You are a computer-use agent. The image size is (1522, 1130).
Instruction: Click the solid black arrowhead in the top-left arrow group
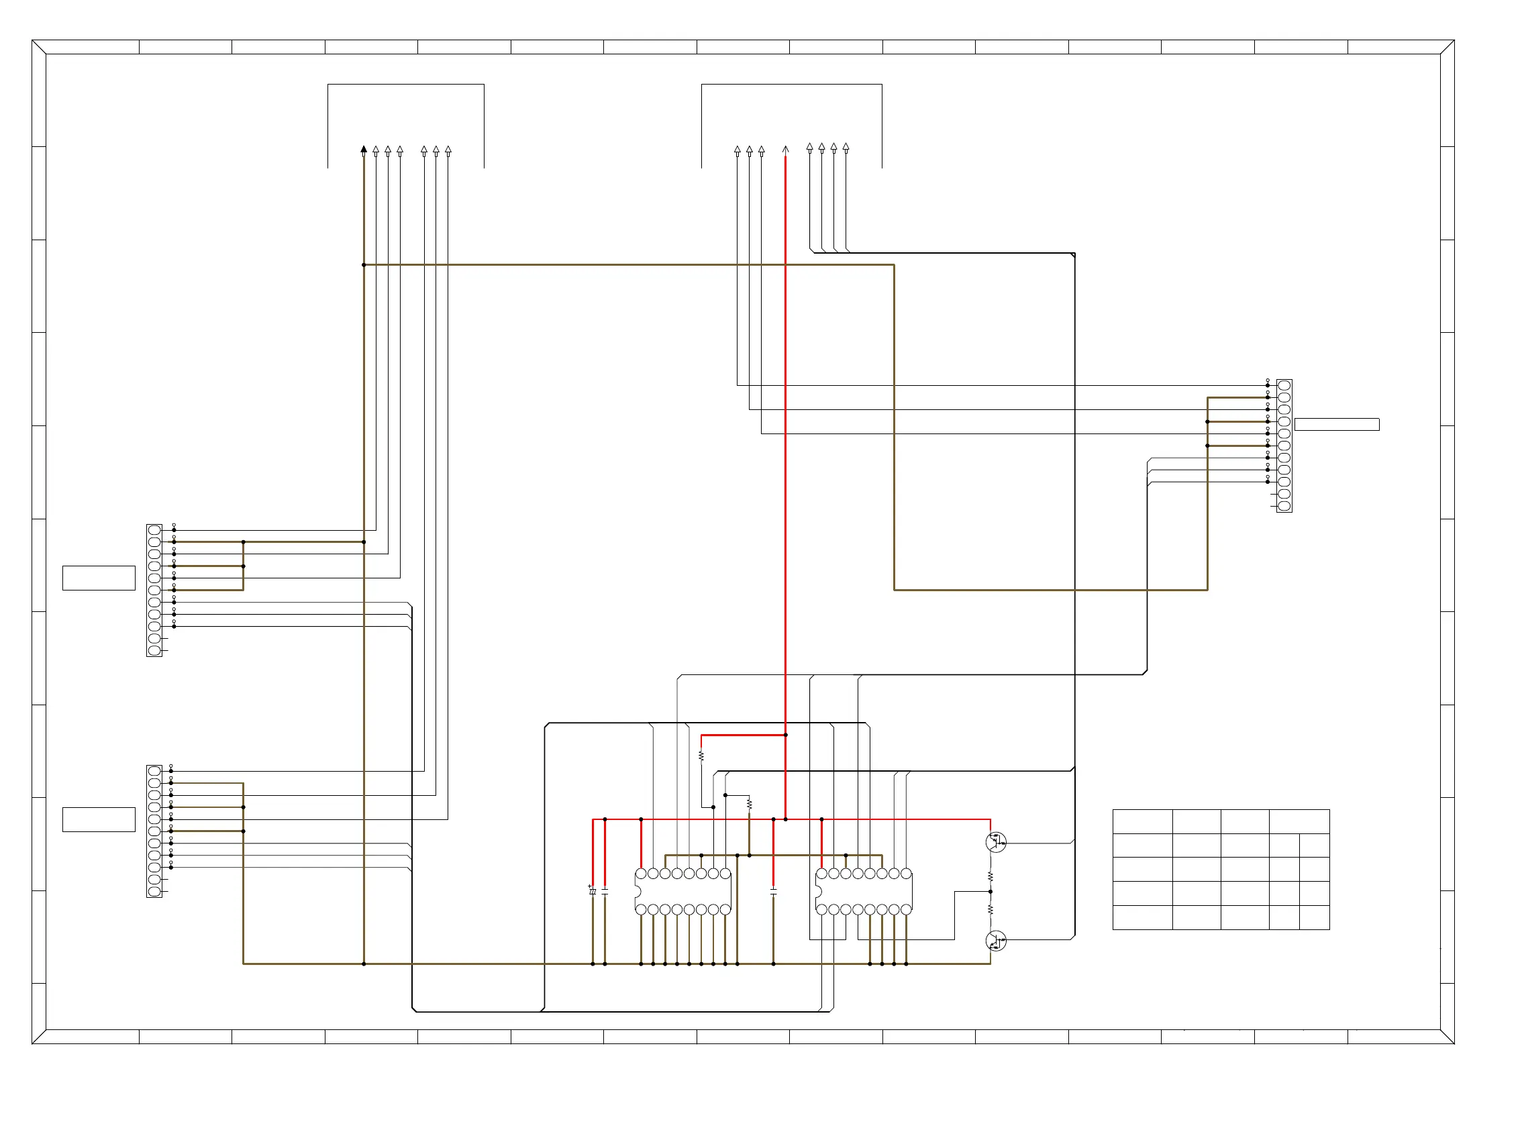[x=364, y=149]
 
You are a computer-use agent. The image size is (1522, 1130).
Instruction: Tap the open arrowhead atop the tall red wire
[x=785, y=149]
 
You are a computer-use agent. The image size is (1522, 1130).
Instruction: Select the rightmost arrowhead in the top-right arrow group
[x=846, y=147]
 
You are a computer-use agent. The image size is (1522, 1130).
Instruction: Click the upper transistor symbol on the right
[x=996, y=842]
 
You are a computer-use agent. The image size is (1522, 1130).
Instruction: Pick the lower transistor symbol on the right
[x=996, y=941]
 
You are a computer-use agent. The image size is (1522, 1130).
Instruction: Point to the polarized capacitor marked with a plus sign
[x=593, y=890]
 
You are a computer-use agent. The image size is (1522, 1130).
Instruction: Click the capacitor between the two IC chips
[x=774, y=891]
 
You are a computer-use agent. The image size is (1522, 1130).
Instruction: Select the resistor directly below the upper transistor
[x=991, y=876]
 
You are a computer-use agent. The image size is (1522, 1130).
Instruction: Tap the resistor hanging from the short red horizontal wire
[x=701, y=756]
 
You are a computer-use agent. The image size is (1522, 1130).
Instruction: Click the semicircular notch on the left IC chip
[x=638, y=891]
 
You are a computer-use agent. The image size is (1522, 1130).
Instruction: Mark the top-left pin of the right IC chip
[x=821, y=874]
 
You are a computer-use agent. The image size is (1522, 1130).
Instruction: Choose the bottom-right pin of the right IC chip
[x=907, y=910]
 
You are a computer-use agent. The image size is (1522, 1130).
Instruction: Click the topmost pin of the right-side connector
[x=1284, y=386]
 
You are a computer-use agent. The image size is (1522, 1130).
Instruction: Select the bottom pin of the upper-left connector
[x=154, y=650]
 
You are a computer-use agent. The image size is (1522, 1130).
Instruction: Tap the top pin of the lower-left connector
[x=154, y=771]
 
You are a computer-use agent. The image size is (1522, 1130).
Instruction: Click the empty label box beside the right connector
[x=1337, y=425]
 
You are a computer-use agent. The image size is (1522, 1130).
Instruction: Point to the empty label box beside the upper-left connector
[x=99, y=578]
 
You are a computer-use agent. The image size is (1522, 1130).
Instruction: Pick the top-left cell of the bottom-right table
[x=1142, y=821]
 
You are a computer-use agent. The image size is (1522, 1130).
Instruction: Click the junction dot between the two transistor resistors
[x=991, y=891]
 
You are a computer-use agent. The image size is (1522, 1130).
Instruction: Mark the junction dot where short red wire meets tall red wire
[x=785, y=735]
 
